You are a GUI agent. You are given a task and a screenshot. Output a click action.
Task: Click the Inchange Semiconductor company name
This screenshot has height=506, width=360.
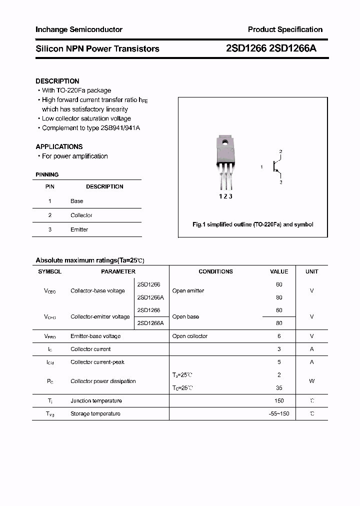point(78,29)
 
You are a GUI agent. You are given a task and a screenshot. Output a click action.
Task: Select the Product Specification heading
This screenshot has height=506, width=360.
point(285,29)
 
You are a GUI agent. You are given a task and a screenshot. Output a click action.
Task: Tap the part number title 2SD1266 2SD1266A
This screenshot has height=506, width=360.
point(271,48)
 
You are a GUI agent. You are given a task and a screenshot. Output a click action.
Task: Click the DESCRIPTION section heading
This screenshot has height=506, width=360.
point(57,81)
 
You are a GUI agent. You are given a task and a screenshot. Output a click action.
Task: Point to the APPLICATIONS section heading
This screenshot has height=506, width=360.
point(59,146)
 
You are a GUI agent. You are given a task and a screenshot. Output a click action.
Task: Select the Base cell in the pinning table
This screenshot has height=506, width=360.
point(76,201)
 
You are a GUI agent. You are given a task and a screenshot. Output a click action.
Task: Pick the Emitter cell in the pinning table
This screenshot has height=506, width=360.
point(79,229)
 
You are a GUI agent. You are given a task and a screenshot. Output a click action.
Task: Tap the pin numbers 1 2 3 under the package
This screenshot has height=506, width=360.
point(225,196)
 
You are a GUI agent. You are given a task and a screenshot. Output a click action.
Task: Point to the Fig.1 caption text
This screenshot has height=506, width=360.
point(252,224)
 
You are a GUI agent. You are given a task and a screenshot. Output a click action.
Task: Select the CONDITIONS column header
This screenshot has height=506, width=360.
point(215,271)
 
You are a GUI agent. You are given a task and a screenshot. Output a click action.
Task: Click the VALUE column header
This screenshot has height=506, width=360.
point(279,271)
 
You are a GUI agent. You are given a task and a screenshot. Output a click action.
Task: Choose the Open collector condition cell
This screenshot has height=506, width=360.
point(189,336)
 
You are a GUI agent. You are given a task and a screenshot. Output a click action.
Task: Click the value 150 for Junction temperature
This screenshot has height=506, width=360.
point(279,400)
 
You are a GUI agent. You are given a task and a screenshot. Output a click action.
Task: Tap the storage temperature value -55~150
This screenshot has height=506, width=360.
point(279,413)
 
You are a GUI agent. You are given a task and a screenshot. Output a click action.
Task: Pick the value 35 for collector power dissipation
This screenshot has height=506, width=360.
point(279,387)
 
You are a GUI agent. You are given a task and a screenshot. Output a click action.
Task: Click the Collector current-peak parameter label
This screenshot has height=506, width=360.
point(97,362)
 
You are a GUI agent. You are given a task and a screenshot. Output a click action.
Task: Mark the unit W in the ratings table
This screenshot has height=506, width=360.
point(311,381)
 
